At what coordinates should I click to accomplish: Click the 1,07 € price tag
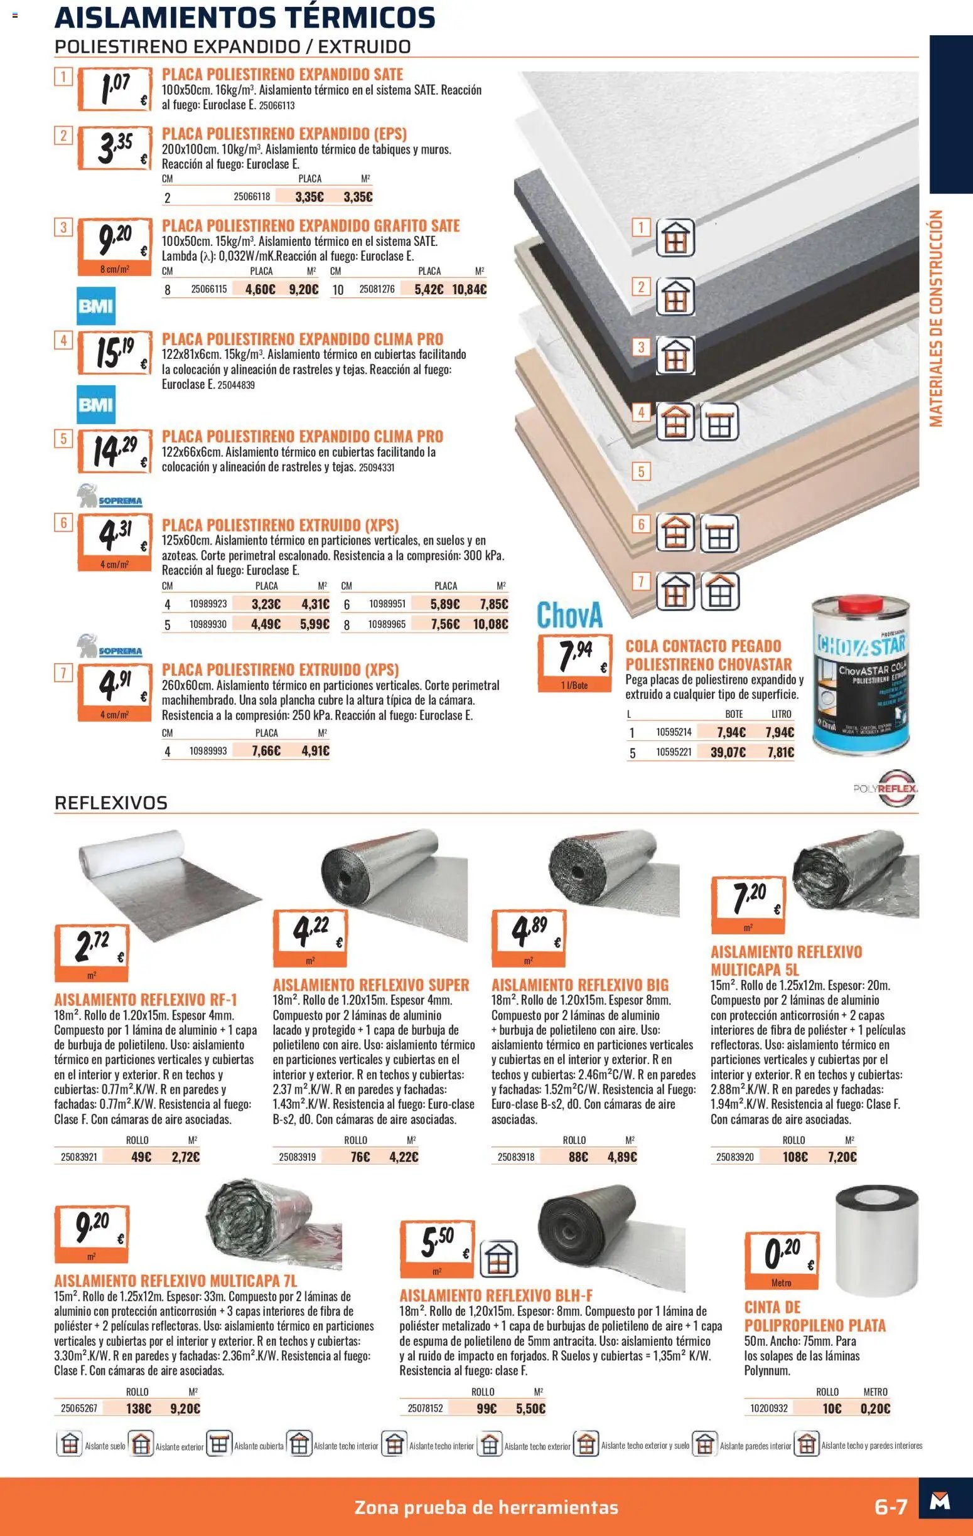tap(114, 90)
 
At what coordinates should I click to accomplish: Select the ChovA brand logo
tap(569, 614)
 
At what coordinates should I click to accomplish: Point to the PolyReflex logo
tap(886, 788)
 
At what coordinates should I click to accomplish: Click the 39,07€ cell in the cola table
tap(728, 752)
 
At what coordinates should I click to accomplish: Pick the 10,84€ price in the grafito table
tap(469, 290)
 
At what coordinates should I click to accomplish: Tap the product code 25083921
tap(79, 1156)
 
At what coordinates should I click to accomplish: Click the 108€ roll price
tap(795, 1156)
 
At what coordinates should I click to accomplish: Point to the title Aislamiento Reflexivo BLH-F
tap(496, 1296)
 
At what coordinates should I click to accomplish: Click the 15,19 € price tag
tap(114, 352)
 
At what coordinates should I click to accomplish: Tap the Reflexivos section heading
tap(111, 803)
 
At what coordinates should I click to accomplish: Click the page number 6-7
tap(890, 1507)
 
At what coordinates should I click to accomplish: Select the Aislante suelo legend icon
tap(70, 1446)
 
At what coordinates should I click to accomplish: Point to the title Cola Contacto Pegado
tap(703, 646)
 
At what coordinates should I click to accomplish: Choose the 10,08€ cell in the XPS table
tap(491, 624)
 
